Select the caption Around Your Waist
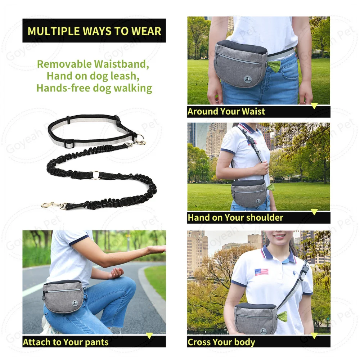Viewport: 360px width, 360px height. (x=226, y=112)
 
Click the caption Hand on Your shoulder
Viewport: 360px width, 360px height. (x=235, y=217)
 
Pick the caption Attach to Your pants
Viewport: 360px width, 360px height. (x=66, y=342)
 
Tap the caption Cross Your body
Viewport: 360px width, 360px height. (x=221, y=342)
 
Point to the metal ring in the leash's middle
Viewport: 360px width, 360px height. (x=95, y=175)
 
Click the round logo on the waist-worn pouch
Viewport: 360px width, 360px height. (x=247, y=79)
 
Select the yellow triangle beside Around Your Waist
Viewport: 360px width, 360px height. (x=314, y=106)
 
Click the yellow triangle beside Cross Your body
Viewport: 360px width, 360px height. (x=314, y=336)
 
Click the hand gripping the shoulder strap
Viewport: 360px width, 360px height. (x=261, y=168)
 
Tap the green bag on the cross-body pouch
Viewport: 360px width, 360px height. (x=282, y=317)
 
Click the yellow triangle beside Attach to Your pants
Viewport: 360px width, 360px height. (x=149, y=336)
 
